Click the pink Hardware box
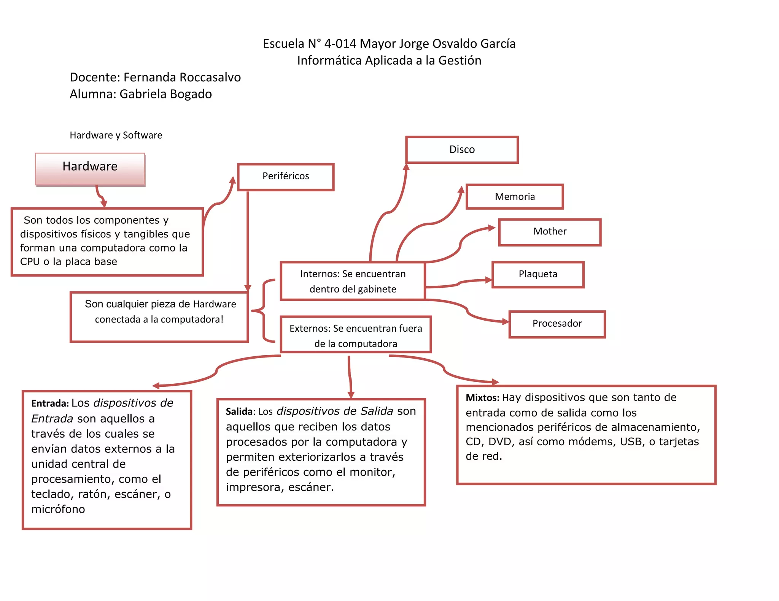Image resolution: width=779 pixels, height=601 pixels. coord(90,169)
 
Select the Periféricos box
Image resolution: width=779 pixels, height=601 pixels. coord(286,177)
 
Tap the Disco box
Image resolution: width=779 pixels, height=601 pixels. coord(462,150)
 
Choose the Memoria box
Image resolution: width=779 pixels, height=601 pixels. coord(515,197)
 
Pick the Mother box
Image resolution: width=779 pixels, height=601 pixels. coord(550,232)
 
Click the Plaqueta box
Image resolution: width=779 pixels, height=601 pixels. coord(538,274)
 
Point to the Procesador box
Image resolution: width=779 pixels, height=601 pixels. coord(557,324)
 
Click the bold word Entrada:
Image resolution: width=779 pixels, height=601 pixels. coord(50,403)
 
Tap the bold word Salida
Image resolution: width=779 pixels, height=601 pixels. coord(239,412)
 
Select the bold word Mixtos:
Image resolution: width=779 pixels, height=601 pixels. coord(482,398)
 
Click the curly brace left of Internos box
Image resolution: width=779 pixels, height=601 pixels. coord(263,311)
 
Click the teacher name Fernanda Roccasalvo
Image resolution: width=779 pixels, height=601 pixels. coord(182,77)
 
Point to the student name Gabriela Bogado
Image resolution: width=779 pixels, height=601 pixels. coord(165,94)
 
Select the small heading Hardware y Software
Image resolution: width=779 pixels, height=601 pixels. coord(116,135)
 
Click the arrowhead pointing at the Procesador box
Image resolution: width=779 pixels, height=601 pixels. coord(506,322)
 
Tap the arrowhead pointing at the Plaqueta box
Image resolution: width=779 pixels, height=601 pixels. coord(488,280)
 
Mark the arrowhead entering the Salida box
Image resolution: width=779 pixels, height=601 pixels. coord(351,395)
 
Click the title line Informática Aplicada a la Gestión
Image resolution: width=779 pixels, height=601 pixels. coord(389,61)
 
